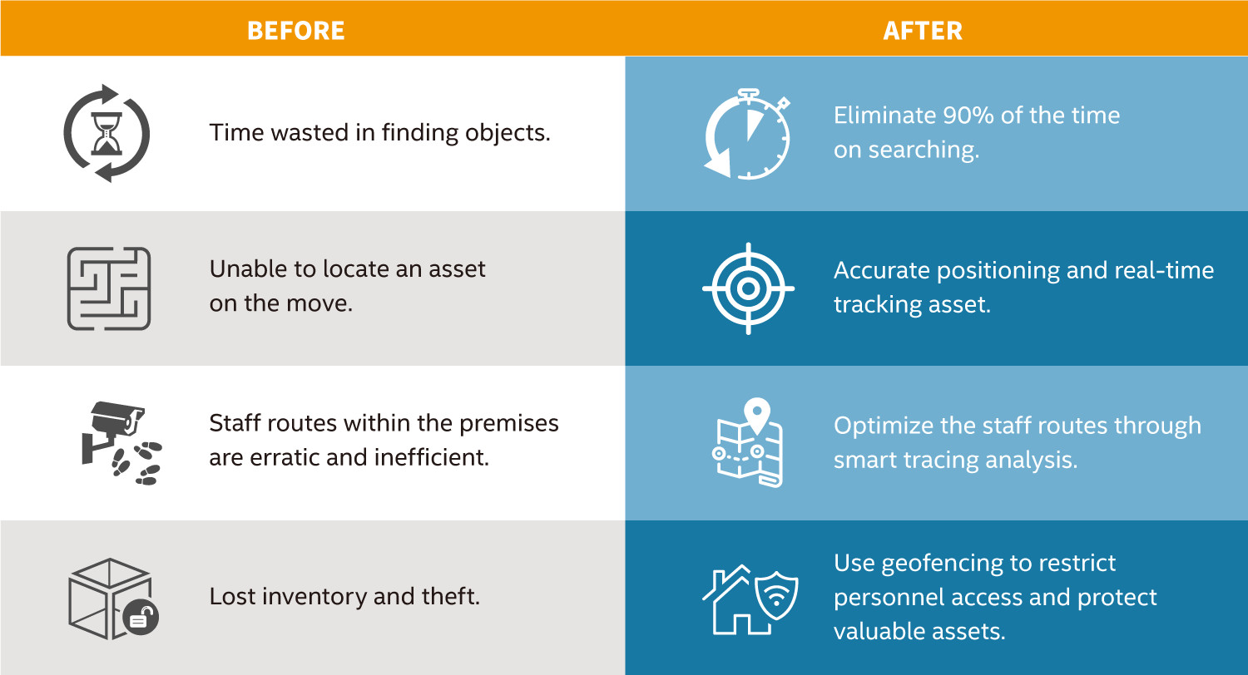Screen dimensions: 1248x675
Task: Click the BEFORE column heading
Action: [296, 31]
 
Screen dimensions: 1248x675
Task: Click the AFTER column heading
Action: [923, 31]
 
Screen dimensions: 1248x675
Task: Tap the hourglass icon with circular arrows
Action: [106, 134]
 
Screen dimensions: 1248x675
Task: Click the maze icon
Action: [109, 288]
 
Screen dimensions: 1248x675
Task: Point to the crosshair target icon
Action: [748, 288]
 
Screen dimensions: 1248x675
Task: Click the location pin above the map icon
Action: [756, 415]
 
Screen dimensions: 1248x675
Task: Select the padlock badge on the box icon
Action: [141, 617]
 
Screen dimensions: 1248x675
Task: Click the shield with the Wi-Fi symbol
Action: [776, 595]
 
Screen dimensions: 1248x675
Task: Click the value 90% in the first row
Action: [968, 116]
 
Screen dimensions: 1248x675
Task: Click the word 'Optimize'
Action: [883, 426]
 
